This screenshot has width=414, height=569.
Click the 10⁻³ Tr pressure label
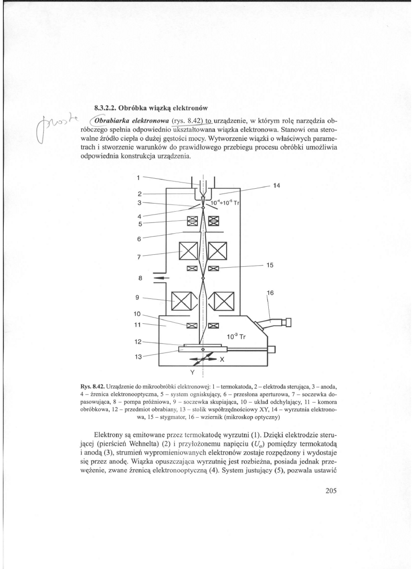tap(236, 336)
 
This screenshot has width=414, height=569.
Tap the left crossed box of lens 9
tap(181, 301)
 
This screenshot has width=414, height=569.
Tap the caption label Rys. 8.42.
tap(92, 385)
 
